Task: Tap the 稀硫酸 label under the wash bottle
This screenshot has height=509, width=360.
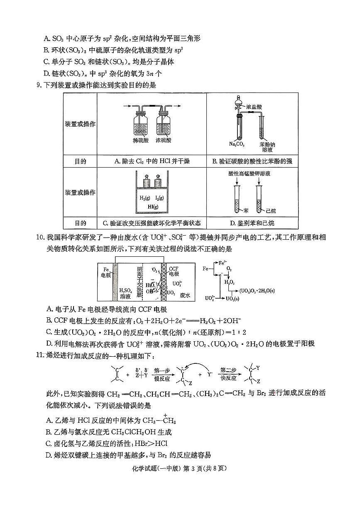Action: click(141, 141)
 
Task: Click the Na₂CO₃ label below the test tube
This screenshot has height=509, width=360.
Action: click(237, 144)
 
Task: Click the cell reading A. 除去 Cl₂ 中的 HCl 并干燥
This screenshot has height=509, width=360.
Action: click(152, 161)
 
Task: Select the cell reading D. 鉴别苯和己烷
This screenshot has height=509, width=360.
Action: click(252, 223)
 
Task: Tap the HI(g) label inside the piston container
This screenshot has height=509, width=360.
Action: click(152, 207)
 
